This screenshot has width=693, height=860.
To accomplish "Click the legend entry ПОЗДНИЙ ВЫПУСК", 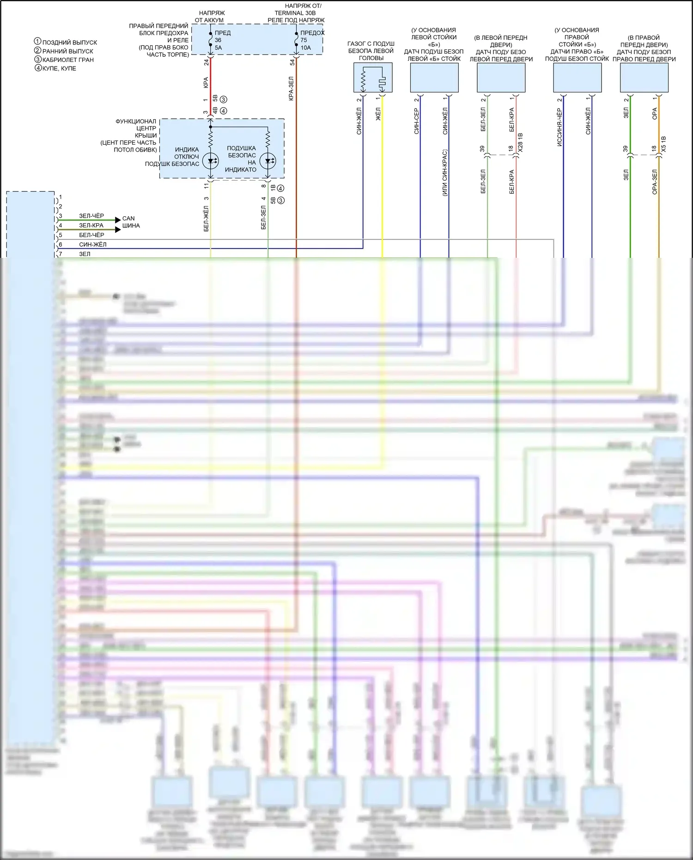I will pyautogui.click(x=69, y=42).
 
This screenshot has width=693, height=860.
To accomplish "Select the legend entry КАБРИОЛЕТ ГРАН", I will pyautogui.click(x=67, y=60).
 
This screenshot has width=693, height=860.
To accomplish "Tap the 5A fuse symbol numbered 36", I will pyautogui.click(x=210, y=40).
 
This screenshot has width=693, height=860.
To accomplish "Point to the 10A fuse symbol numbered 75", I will pyautogui.click(x=296, y=40).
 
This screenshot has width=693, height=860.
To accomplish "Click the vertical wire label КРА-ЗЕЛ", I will pyautogui.click(x=291, y=88).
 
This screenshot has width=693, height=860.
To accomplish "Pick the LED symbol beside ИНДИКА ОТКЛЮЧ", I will pyautogui.click(x=210, y=161).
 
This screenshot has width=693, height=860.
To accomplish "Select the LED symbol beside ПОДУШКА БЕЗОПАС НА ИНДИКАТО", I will pyautogui.click(x=267, y=161).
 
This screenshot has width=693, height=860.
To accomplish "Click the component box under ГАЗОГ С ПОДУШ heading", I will pyautogui.click(x=373, y=78).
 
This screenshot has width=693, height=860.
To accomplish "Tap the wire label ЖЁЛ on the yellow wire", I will pyautogui.click(x=378, y=114).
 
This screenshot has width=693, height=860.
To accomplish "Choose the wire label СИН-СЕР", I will pyautogui.click(x=416, y=121).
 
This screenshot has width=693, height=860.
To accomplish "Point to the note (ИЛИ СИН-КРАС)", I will pyautogui.click(x=444, y=173).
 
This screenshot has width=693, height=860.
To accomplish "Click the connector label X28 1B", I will pyautogui.click(x=521, y=143).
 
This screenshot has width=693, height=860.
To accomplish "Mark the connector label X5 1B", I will pyautogui.click(x=664, y=145).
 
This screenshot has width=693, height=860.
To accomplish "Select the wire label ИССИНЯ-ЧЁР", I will pyautogui.click(x=559, y=127).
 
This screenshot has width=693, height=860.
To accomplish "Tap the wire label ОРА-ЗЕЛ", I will pyautogui.click(x=655, y=182).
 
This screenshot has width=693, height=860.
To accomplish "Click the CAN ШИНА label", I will pyautogui.click(x=131, y=222).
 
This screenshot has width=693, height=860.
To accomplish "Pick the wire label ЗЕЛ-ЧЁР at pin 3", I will pyautogui.click(x=91, y=216).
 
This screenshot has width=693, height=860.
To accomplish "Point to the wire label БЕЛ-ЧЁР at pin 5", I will pyautogui.click(x=91, y=235).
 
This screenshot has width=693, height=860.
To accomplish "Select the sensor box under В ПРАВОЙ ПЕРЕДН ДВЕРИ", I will pyautogui.click(x=644, y=78).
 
